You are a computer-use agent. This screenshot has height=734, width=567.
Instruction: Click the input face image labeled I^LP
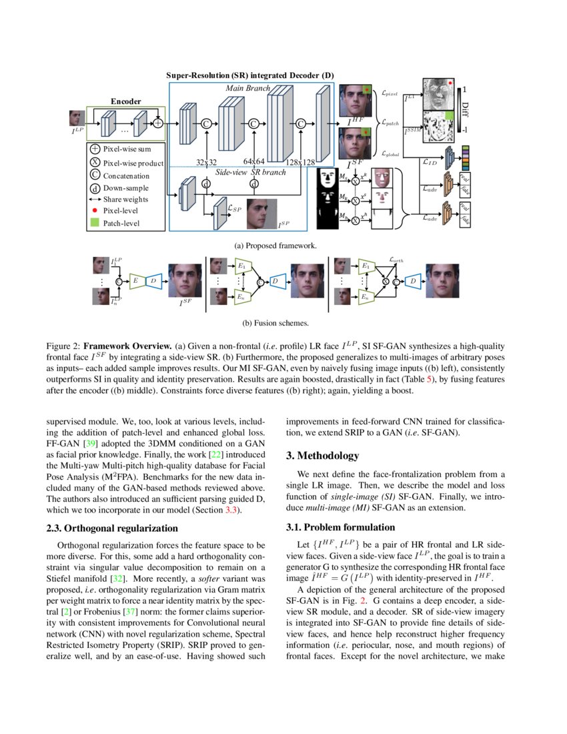coord(77,119)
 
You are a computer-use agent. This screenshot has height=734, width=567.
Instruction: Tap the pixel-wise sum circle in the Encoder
coord(157,123)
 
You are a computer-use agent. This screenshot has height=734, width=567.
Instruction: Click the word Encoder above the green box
coord(125,102)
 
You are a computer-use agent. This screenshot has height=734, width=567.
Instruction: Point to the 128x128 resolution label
coord(300,161)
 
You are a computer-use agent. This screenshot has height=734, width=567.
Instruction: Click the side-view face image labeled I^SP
coord(260,212)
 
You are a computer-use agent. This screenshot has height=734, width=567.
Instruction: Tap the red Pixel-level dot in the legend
coord(95,211)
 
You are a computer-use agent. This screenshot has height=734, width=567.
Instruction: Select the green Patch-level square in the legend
coord(95,223)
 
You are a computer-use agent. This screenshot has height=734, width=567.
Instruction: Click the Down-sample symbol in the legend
coord(95,188)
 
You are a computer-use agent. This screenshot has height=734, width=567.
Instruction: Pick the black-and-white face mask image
coord(327,198)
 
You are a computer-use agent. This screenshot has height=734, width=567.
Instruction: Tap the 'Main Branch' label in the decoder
coord(247,87)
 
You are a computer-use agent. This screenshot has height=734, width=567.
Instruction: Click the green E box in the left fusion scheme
coord(135,281)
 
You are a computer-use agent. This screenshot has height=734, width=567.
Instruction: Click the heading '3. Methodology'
coord(323,456)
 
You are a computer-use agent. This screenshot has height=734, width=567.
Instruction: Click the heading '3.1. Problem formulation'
coord(331,526)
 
